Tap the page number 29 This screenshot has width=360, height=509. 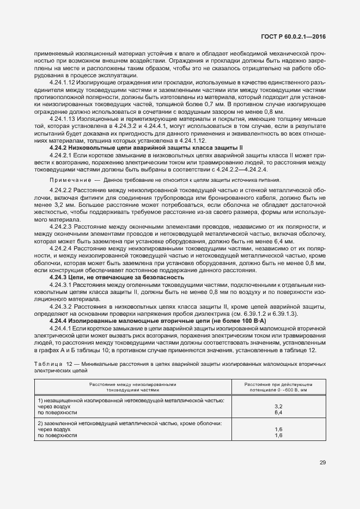click(x=322, y=462)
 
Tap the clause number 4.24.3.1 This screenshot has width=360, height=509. click(x=61, y=285)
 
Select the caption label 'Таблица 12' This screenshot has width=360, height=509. click(x=50, y=363)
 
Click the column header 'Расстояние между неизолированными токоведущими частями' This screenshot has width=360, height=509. click(x=133, y=387)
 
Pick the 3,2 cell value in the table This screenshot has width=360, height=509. click(x=278, y=406)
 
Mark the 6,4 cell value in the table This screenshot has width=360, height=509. click(x=278, y=413)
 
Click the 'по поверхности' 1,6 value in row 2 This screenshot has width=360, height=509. click(x=278, y=436)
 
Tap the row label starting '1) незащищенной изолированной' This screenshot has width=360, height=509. click(x=131, y=400)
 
